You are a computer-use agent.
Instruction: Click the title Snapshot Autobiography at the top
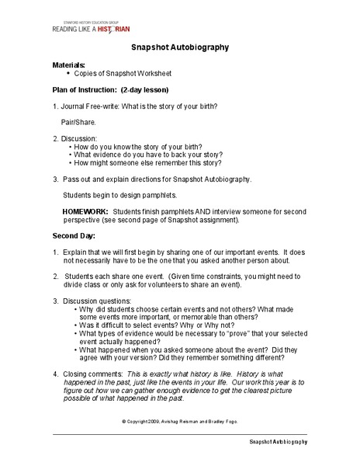(x=179, y=47)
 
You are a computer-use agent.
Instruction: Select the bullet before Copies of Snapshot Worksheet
(x=69, y=74)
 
